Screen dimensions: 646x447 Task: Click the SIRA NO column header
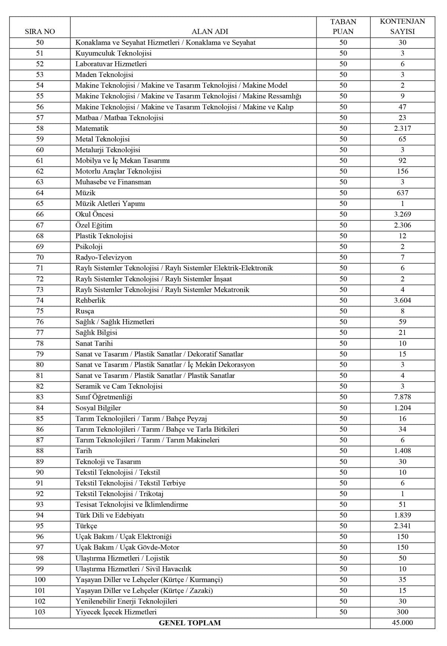click(40, 32)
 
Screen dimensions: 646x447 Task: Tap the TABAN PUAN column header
click(343, 26)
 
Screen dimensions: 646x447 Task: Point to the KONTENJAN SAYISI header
click(402, 26)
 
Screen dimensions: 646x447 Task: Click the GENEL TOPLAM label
click(190, 623)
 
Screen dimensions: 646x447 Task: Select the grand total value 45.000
click(402, 623)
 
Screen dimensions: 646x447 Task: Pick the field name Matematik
click(92, 128)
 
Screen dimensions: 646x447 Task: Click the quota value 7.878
click(402, 397)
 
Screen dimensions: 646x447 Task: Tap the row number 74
click(40, 300)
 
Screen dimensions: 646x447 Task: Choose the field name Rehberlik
click(91, 300)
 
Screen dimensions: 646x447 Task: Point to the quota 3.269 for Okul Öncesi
click(402, 214)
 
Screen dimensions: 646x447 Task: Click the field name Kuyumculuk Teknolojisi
click(114, 53)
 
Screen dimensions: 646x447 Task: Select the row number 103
click(40, 612)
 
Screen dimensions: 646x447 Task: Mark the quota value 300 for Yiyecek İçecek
click(402, 612)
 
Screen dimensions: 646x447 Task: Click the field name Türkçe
click(86, 526)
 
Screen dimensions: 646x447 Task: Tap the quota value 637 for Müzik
click(402, 193)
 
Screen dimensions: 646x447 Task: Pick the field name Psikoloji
click(89, 246)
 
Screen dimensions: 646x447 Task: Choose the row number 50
click(40, 42)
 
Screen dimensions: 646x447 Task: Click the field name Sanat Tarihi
click(94, 343)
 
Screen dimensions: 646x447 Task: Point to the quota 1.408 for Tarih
click(402, 451)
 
